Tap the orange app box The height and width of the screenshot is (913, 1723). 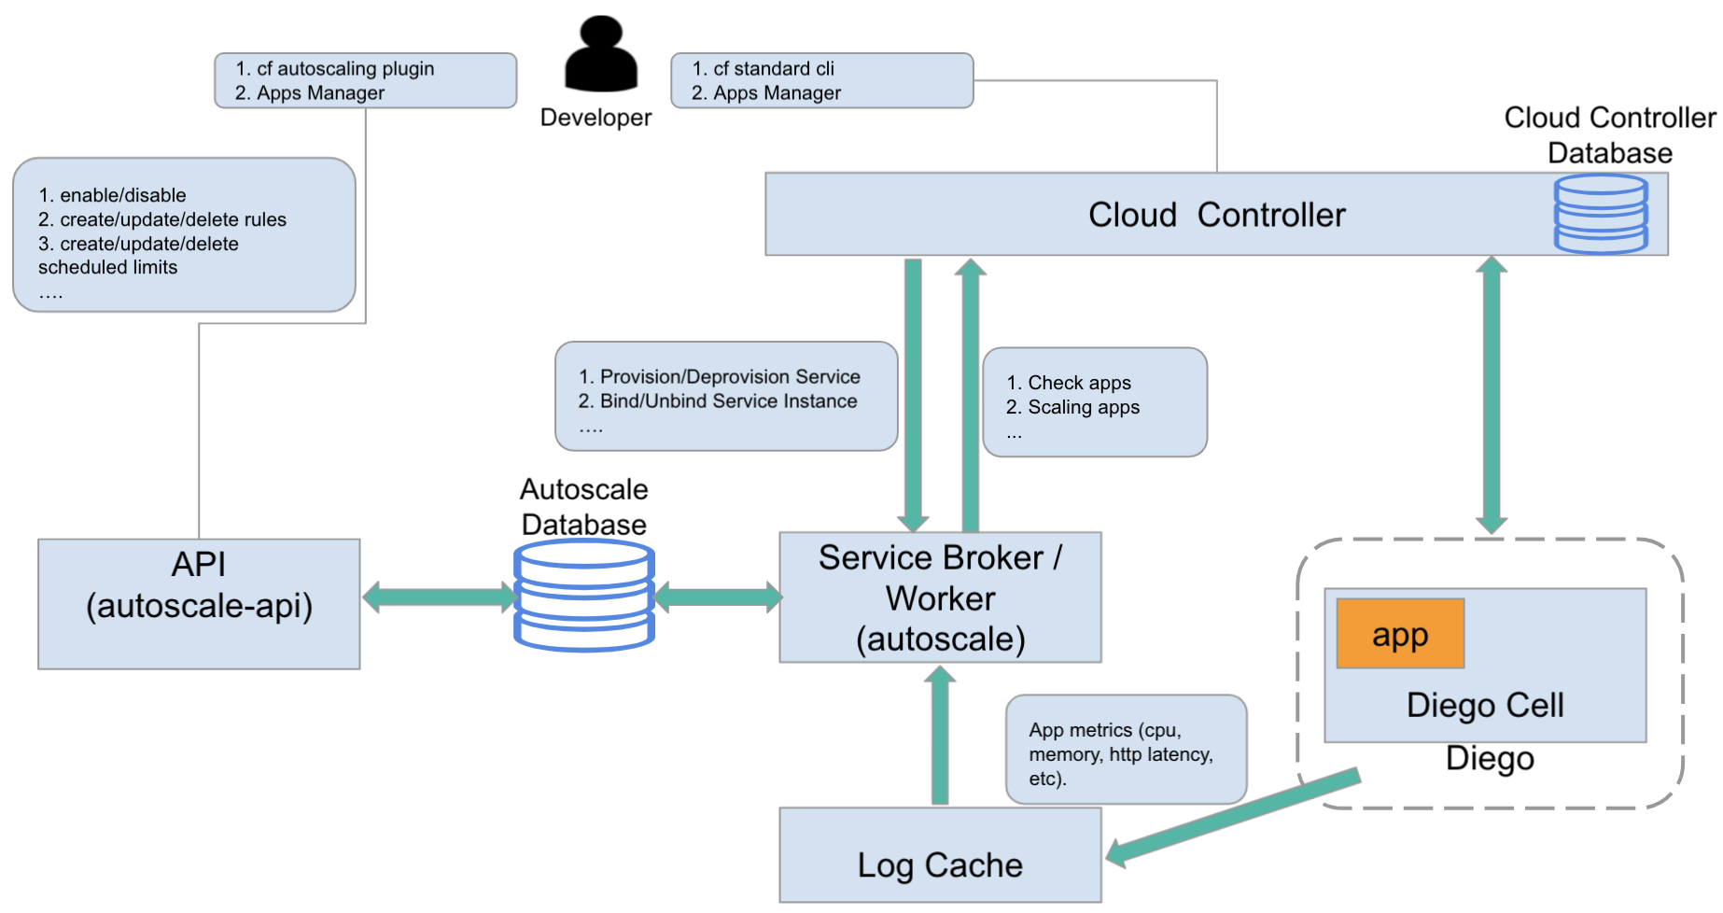click(x=1399, y=634)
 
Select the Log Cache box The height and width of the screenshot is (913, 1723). click(x=940, y=854)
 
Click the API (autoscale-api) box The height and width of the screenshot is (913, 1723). click(x=199, y=603)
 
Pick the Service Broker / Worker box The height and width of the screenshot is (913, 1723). click(x=940, y=597)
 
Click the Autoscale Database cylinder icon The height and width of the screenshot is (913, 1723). click(x=584, y=595)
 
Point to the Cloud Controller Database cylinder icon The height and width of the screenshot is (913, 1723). click(x=1600, y=214)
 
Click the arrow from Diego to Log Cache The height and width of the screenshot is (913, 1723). click(x=1232, y=817)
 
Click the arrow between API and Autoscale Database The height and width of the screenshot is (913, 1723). click(x=439, y=597)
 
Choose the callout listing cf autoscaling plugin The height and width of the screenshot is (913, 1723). click(x=365, y=80)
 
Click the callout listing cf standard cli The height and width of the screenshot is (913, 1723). click(x=821, y=80)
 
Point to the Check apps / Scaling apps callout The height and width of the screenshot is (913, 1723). click(x=1095, y=402)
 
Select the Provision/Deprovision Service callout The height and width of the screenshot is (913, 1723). click(x=726, y=397)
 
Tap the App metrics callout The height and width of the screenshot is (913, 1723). click(x=1126, y=750)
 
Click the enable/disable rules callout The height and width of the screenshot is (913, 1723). click(x=184, y=234)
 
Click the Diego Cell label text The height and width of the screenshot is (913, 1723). click(x=1484, y=705)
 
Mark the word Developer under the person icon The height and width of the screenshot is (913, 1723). click(x=595, y=118)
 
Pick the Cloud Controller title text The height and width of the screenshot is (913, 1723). click(x=1216, y=215)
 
